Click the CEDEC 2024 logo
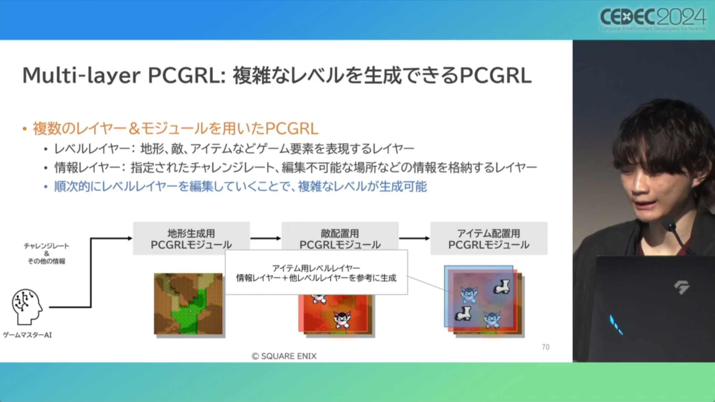pos(653,19)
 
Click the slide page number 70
pos(545,347)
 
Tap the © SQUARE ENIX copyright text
pos(284,356)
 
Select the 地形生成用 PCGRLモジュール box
pos(191,239)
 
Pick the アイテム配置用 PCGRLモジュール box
pos(489,239)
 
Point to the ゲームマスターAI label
pos(27,335)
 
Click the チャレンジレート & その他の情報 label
pos(46,253)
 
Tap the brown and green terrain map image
pos(188,304)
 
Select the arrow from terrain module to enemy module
pos(266,238)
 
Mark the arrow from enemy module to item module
pos(414,238)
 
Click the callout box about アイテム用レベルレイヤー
pos(316,272)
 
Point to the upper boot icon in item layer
pos(502,287)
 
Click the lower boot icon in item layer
pos(463,314)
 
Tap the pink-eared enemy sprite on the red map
pos(342,319)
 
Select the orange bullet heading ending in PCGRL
pos(176,129)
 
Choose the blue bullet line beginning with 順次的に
pos(240,187)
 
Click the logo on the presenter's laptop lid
pos(681,287)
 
